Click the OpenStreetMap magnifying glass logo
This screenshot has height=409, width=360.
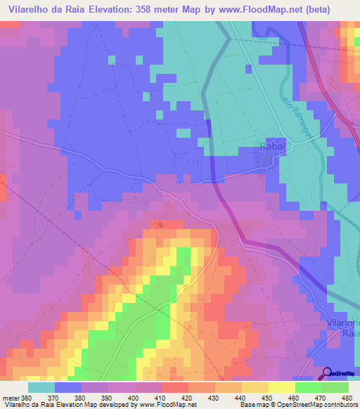point(327,372)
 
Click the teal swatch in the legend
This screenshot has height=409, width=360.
point(41,387)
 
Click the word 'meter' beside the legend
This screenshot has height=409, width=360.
point(12,398)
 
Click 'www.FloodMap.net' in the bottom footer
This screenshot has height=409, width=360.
point(159,405)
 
